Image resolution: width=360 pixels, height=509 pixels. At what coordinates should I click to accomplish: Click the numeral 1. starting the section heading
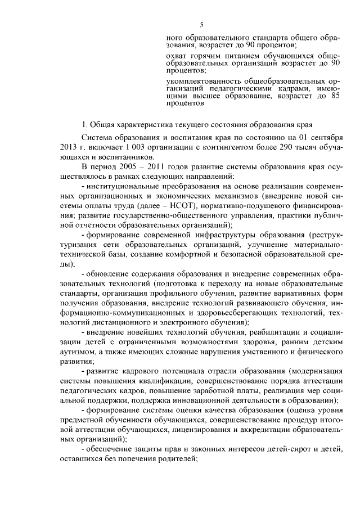click(85, 124)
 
